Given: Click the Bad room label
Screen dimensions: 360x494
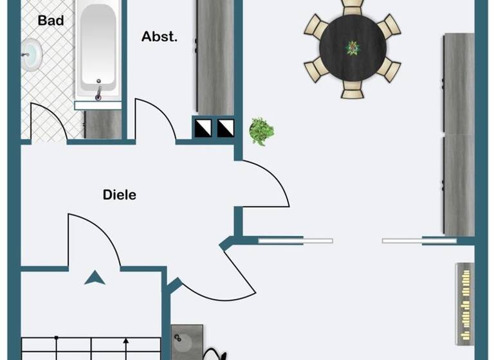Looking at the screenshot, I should [x=51, y=21].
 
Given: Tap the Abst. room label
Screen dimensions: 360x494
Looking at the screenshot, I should [x=159, y=37].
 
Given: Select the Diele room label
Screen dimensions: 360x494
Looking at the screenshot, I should [x=120, y=194].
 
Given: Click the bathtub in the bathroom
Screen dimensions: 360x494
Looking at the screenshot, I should [x=98, y=48].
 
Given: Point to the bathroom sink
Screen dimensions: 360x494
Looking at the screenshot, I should [x=30, y=50].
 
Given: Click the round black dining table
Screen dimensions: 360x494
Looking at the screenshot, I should [x=352, y=48].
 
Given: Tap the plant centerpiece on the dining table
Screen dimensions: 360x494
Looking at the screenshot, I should [x=352, y=48].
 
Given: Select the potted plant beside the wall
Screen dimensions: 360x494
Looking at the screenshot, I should [x=261, y=131].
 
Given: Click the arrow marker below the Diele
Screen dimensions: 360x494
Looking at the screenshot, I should [x=95, y=277].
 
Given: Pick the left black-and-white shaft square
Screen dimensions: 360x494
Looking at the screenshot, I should [x=203, y=128].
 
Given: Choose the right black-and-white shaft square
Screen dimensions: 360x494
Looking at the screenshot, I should [x=226, y=128].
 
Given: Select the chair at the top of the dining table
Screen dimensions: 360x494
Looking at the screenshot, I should [x=352, y=6].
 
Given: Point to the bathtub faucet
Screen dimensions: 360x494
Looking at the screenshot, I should [x=98, y=93].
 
